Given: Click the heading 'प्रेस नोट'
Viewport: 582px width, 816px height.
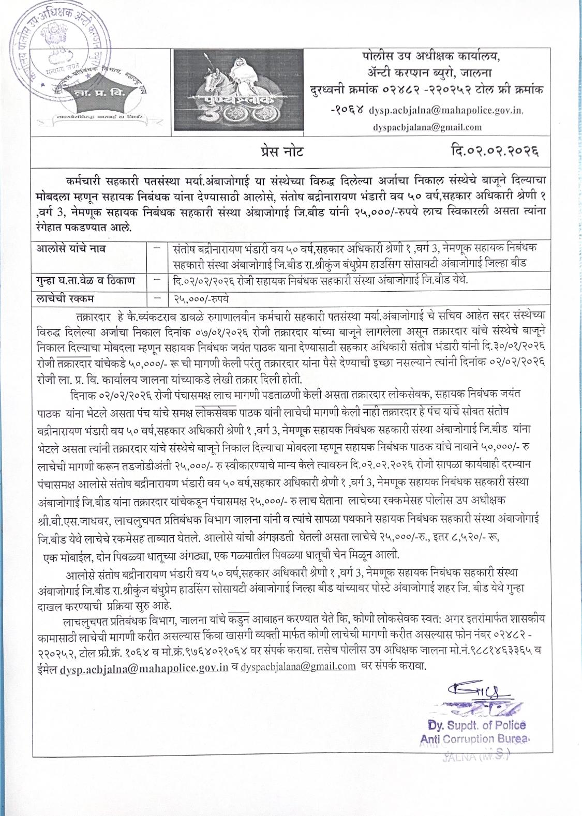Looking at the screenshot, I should coord(282,151).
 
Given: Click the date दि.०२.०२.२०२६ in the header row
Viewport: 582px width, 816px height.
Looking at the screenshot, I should coord(494,151).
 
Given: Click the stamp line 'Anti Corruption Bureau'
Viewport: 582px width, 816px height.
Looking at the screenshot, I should coord(475,739).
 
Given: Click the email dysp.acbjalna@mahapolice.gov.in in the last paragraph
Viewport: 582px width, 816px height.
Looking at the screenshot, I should coord(144,668).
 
